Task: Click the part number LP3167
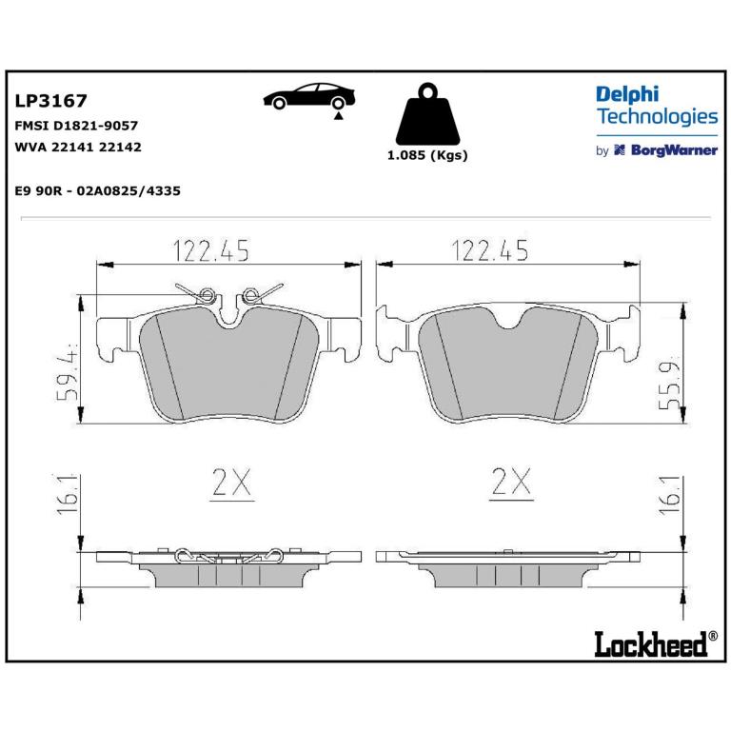(50, 101)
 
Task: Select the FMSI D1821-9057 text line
(76, 126)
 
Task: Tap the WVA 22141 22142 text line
(78, 147)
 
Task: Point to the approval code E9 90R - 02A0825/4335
(97, 190)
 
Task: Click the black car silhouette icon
(309, 95)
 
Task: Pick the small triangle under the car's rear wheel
(339, 115)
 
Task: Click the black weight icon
(427, 114)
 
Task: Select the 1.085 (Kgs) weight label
(427, 155)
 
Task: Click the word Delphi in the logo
(627, 94)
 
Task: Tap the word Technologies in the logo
(658, 116)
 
